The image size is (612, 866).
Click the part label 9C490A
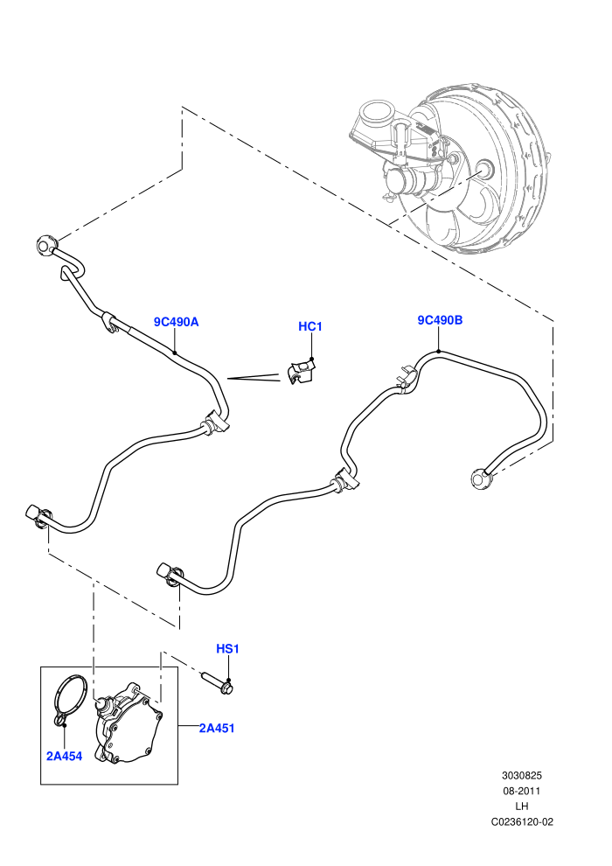176,322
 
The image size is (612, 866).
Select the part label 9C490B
440,320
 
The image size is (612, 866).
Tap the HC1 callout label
310,327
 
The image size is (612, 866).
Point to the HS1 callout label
227,649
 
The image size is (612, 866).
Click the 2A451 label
217,729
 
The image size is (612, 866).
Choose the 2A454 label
64,757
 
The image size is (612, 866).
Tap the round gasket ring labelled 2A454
70,697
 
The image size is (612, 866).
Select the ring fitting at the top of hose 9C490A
45,245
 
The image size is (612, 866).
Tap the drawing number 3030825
521,775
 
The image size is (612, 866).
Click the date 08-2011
521,791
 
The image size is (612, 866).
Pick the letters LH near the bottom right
521,807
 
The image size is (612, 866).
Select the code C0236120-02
522,821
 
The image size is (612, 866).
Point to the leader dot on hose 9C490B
439,352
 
